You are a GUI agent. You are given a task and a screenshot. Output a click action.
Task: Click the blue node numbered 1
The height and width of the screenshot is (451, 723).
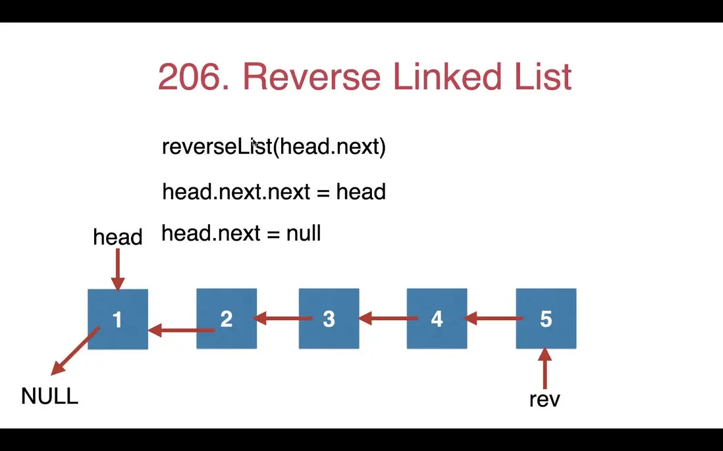click(118, 319)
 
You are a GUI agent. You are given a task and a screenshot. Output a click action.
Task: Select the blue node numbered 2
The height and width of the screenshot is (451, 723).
click(227, 319)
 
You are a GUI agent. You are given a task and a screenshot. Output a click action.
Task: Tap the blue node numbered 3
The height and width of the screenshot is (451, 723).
click(329, 319)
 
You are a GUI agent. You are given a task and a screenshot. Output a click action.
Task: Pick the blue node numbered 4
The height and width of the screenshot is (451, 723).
click(437, 319)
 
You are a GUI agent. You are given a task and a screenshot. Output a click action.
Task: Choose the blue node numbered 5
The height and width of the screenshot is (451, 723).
click(546, 319)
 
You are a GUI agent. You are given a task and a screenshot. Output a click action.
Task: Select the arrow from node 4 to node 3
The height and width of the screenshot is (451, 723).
click(388, 320)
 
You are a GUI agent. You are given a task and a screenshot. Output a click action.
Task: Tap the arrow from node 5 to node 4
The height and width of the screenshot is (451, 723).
click(494, 320)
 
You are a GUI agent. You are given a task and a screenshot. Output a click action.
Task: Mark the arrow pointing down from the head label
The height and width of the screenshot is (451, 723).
click(118, 269)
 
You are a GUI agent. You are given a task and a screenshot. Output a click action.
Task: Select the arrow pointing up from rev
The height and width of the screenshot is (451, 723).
click(545, 369)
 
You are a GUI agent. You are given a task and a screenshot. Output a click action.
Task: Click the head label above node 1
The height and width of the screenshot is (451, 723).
click(118, 237)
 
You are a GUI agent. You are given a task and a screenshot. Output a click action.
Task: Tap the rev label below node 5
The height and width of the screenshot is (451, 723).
click(545, 399)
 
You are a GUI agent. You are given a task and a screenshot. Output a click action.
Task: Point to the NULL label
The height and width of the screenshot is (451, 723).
click(49, 396)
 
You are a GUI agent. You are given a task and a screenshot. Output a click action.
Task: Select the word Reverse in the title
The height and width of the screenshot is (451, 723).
click(311, 78)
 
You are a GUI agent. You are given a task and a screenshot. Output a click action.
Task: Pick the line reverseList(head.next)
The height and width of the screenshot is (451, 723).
click(274, 147)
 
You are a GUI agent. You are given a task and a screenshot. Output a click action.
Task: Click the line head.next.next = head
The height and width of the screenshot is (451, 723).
click(274, 192)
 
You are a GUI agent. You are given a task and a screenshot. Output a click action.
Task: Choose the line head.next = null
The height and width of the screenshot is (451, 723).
click(241, 233)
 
